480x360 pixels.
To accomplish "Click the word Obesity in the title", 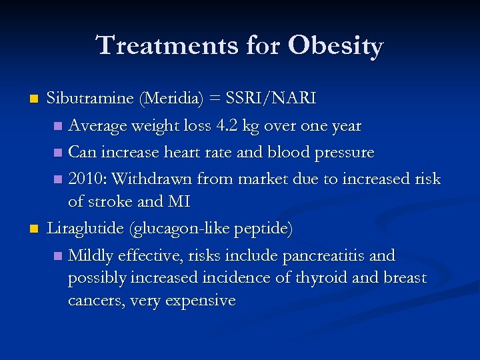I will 336,46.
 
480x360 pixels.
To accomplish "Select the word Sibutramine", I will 90,99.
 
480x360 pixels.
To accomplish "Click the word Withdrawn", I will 147,179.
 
